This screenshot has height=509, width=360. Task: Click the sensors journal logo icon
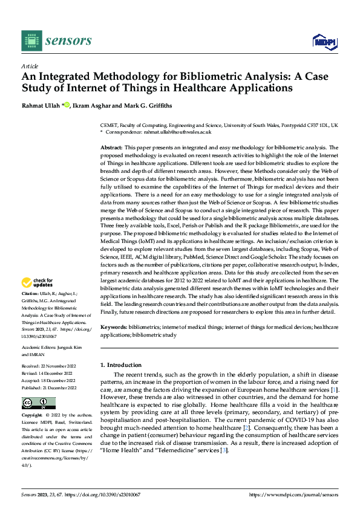coord(31,41)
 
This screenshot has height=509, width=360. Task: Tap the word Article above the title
coord(30,66)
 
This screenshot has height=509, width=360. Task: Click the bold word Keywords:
coord(113,326)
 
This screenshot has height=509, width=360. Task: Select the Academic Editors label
coord(40,348)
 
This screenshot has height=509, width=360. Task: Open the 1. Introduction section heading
coord(121,365)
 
